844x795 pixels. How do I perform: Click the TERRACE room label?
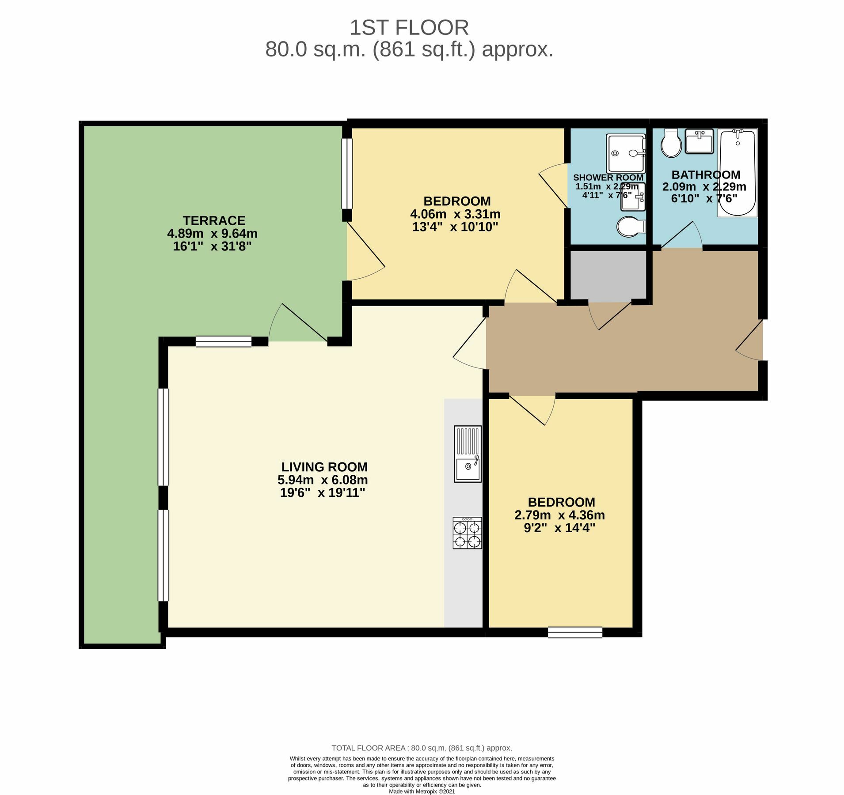coord(214,220)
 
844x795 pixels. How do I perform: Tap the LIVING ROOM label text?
coord(324,467)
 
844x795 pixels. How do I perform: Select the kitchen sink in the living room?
coord(468,454)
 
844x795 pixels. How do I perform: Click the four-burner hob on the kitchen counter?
coord(468,533)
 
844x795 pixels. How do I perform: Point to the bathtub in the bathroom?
coord(738,173)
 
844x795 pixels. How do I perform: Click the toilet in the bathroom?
coord(671,143)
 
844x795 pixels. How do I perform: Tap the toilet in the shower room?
coord(631,227)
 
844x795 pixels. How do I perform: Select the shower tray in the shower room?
coord(626,153)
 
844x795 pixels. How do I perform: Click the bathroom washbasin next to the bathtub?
coord(700,141)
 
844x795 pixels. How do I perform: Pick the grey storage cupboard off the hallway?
coord(608,276)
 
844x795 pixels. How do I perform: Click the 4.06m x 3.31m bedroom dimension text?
coord(455,214)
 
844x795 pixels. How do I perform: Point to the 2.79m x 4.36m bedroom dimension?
coord(559,515)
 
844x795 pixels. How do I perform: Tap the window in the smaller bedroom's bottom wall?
coord(575,632)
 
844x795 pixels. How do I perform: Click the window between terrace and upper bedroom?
coord(347,174)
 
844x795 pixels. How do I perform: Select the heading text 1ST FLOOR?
coord(409,28)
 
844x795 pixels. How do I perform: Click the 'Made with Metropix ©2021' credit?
coord(422,791)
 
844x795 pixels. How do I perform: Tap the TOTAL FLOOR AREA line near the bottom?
coord(422,748)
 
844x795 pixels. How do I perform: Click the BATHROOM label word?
coord(706,174)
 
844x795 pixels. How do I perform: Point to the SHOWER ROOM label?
coord(608,178)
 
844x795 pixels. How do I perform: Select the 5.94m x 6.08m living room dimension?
coord(323,480)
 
